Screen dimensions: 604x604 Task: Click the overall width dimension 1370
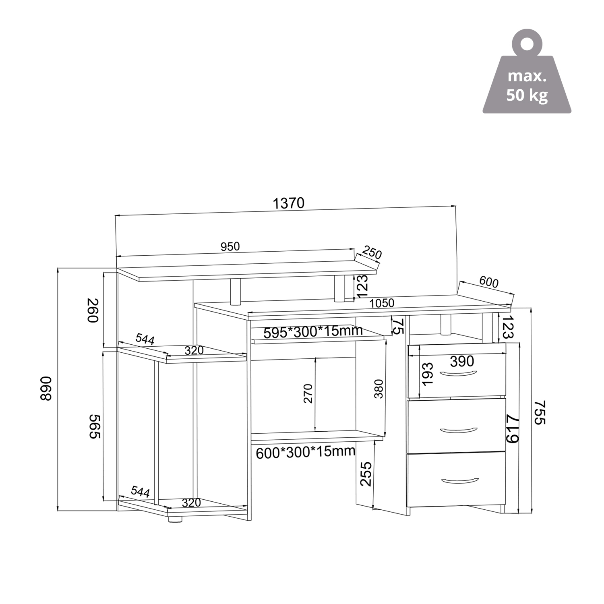288,203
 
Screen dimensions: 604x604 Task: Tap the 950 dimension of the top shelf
230,246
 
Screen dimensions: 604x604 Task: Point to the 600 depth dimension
489,282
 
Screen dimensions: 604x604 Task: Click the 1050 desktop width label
382,303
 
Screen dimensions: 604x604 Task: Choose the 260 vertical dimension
93,310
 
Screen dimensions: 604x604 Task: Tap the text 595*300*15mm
313,332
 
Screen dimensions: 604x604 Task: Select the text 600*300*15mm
306,452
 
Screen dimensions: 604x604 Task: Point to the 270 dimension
308,393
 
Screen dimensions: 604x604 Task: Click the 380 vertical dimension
379,389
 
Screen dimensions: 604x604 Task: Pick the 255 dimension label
366,474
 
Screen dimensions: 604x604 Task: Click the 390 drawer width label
462,361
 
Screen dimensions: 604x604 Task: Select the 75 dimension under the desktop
398,326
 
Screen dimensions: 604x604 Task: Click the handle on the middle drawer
459,430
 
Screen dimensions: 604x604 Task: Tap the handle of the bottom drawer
459,480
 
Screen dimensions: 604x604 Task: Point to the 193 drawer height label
428,373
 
